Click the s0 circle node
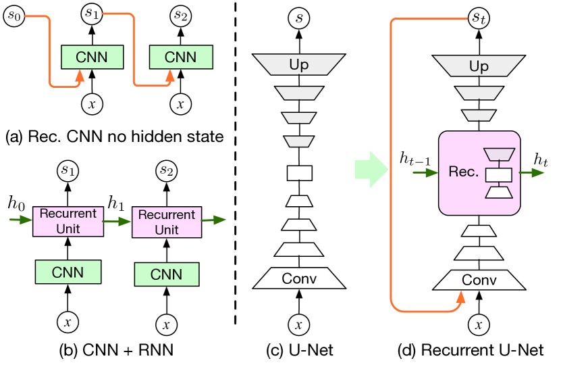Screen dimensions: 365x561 click(14, 16)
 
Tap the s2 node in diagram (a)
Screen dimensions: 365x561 click(181, 15)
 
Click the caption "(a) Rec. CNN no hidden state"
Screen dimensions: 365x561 click(113, 137)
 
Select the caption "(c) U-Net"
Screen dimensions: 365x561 click(299, 350)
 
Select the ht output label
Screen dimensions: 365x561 click(541, 160)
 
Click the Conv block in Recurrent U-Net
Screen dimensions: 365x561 click(478, 278)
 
